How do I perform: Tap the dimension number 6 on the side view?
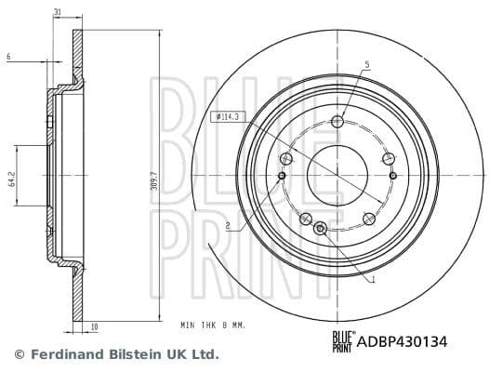pyautogui.click(x=8, y=58)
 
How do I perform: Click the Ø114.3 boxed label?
pyautogui.click(x=227, y=116)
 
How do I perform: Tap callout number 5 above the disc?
pyautogui.click(x=367, y=64)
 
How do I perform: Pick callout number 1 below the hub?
pyautogui.click(x=371, y=278)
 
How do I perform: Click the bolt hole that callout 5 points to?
pyautogui.click(x=337, y=121)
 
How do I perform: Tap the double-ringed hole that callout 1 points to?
pyautogui.click(x=322, y=229)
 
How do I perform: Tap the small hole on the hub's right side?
pyautogui.click(x=392, y=175)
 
